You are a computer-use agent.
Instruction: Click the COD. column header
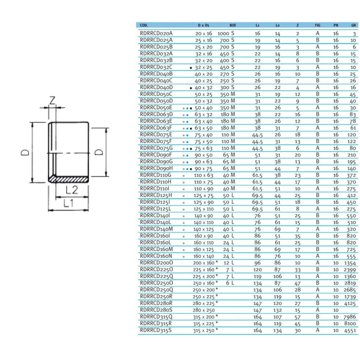145,25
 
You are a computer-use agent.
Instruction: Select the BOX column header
233,25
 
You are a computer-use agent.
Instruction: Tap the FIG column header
317,25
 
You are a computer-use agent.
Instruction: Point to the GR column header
353,25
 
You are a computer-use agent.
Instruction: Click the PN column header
335,25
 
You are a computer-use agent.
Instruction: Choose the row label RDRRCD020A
156,33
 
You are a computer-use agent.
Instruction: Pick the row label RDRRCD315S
156,331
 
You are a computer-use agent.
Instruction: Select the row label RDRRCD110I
155,188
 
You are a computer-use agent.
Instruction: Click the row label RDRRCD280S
156,311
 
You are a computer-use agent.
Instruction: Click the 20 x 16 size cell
203,33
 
